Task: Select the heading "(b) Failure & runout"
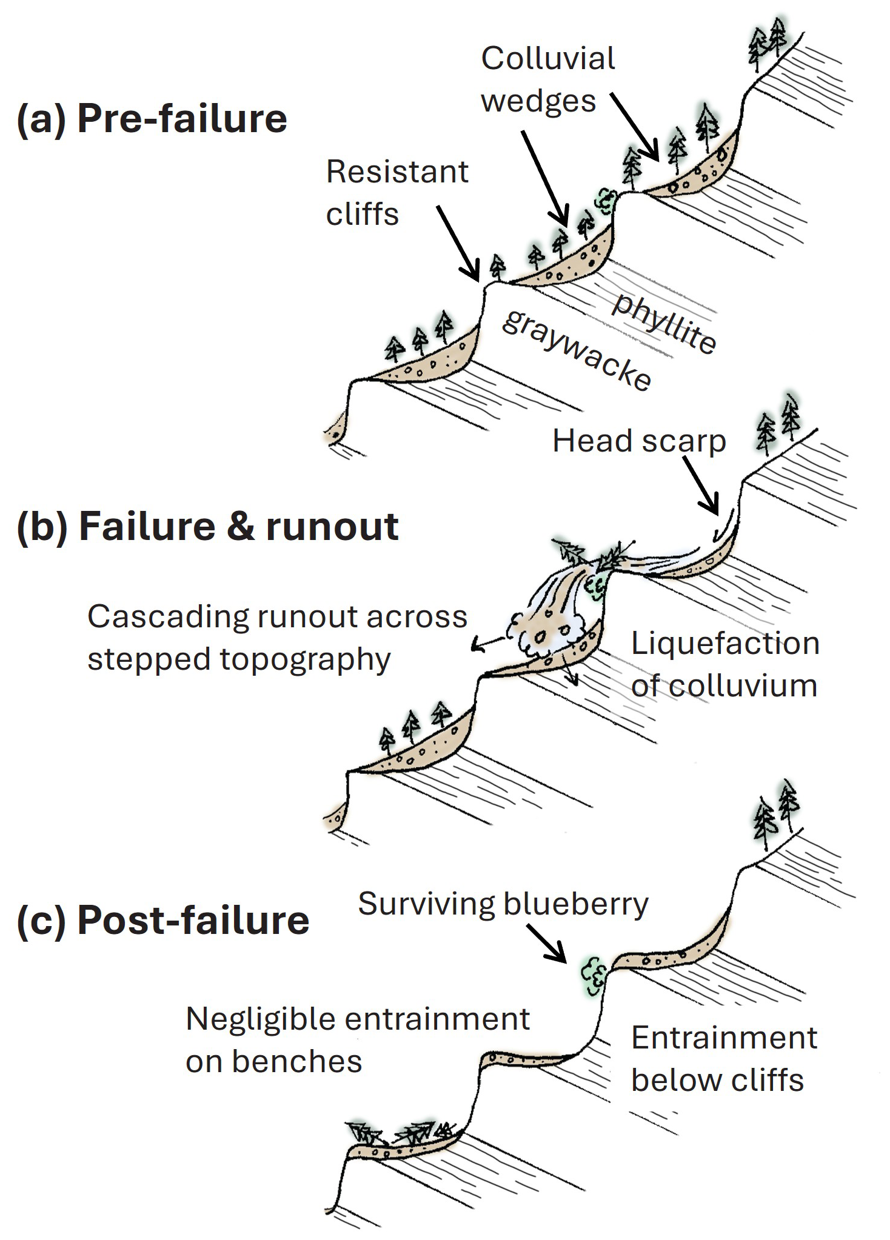(208, 526)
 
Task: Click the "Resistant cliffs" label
(397, 193)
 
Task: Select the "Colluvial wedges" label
(547, 79)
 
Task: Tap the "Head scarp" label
(639, 441)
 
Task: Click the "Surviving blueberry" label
(503, 904)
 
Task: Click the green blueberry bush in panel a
(605, 199)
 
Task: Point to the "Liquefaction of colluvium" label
(725, 664)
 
